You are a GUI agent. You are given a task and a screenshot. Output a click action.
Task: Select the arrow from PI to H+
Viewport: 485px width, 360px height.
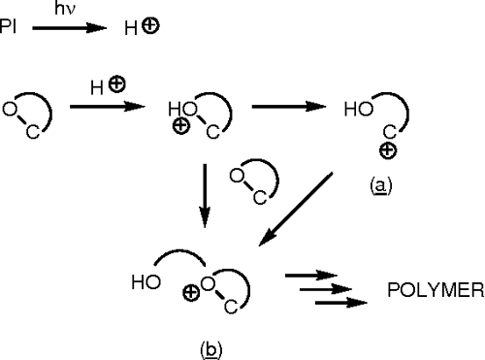[x=68, y=28]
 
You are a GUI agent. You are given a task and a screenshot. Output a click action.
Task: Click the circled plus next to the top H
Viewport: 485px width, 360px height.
[x=149, y=26]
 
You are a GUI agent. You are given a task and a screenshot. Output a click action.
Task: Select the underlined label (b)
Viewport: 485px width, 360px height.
[x=210, y=345]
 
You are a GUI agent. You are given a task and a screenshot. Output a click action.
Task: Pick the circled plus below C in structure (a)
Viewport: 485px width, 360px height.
[x=385, y=151]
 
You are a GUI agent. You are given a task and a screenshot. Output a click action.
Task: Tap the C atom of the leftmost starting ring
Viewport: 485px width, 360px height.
[x=32, y=134]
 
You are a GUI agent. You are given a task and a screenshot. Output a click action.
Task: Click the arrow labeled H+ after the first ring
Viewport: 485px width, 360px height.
[x=105, y=108]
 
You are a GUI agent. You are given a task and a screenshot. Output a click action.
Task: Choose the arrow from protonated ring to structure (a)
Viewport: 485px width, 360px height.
[x=286, y=108]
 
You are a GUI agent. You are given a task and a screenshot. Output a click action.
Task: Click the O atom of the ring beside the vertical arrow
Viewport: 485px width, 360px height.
[x=236, y=175]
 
